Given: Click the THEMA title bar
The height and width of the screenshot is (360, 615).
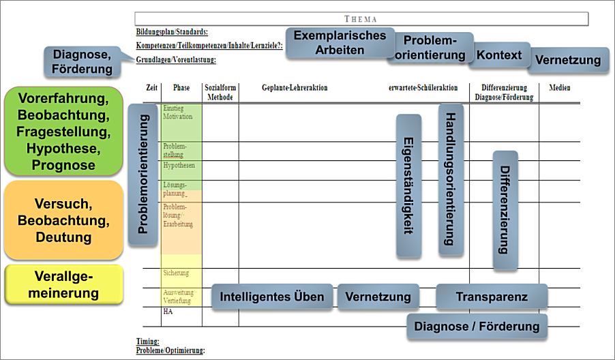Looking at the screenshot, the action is tap(361, 19).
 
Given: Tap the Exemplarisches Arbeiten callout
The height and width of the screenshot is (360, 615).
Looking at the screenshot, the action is tap(340, 43).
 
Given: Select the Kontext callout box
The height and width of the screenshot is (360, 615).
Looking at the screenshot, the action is tap(499, 55).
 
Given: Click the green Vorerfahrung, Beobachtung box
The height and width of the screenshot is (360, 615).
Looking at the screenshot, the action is tap(63, 131).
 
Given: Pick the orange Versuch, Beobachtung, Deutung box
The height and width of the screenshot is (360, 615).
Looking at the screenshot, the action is tap(63, 220).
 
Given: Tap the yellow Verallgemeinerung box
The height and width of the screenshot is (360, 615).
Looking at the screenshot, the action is tap(63, 285).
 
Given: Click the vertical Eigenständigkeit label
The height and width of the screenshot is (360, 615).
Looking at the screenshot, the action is tap(408, 185).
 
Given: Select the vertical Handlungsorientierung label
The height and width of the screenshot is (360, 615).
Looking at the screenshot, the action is tap(451, 179).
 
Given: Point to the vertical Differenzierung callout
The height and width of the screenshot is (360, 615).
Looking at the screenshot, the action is tap(505, 210).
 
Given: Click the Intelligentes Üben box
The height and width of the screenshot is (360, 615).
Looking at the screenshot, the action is tap(272, 297).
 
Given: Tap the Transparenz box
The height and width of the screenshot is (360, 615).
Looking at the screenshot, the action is tap(492, 297).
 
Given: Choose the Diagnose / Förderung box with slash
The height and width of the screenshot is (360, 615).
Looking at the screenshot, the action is tap(477, 327).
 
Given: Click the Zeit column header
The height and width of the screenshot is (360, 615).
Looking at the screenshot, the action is tap(152, 88).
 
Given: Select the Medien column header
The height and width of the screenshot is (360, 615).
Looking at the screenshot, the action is tap(560, 88).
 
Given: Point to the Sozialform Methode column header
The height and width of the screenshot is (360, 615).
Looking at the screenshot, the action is tap(220, 93).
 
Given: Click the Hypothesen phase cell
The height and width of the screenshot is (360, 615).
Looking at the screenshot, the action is tap(179, 166).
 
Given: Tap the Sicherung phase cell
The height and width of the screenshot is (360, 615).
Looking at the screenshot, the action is tap(176, 273).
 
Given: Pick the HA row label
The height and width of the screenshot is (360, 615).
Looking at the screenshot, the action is tap(168, 312).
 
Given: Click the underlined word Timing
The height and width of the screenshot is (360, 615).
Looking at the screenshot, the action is tap(147, 341).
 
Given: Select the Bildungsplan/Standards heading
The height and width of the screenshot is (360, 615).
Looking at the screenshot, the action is tap(172, 32).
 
